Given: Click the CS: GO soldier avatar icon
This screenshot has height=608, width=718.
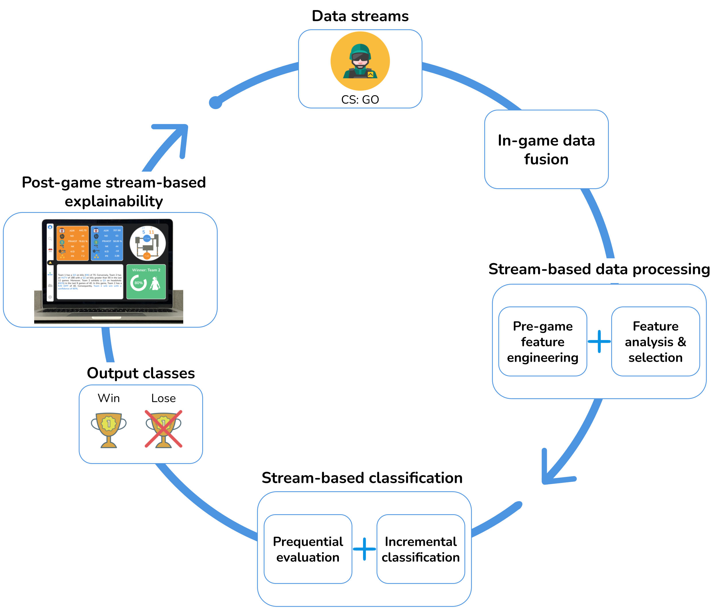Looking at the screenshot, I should pos(360,61).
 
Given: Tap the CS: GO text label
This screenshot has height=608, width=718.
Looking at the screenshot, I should pos(360,100).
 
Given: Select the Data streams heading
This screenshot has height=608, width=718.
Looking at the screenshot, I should pos(360,16).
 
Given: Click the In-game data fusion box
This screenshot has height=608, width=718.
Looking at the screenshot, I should pos(546,149).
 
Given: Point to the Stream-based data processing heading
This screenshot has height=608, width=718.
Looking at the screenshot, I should pos(599,269).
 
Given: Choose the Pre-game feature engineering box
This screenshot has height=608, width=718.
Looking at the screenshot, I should pos(543,341).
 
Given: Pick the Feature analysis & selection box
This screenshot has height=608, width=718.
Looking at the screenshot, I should pos(655,341).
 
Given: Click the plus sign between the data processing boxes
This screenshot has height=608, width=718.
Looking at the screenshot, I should pos(599,341).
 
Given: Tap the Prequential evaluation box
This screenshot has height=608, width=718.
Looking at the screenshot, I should pos(308,549).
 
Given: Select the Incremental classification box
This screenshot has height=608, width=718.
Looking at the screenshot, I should pos(420,549).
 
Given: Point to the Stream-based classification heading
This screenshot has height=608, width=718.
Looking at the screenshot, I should pos(362,478).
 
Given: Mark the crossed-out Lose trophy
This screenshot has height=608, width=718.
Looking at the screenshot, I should pos(163,429).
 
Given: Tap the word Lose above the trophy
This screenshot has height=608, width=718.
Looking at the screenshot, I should pos(163,398).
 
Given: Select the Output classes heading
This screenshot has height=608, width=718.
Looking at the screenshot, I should pos(141,373).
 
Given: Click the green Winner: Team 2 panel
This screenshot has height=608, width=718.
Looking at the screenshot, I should pos(146,281).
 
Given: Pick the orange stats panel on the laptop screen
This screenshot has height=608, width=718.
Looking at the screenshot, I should pos(72,243).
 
